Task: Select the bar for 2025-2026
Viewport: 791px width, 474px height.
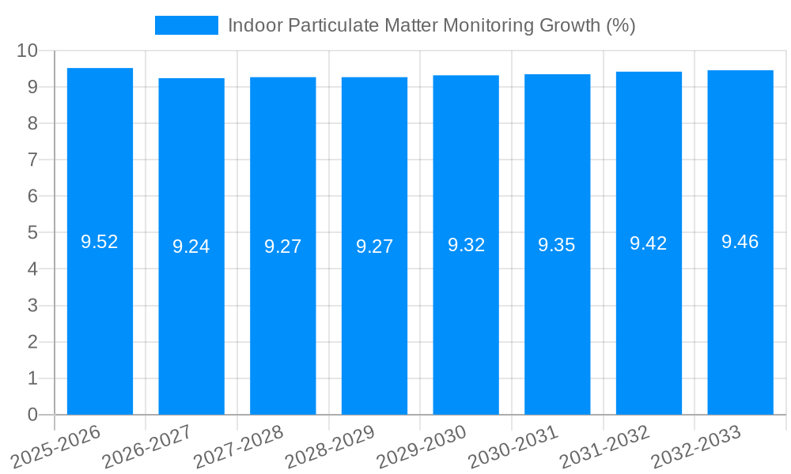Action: tap(100, 316)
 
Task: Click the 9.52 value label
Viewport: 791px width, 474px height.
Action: tap(100, 243)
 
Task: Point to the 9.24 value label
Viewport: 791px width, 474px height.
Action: tap(191, 246)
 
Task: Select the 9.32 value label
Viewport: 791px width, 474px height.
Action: tap(466, 245)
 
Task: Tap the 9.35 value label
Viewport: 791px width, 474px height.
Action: tap(557, 245)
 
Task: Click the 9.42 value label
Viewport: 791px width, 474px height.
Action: tap(649, 243)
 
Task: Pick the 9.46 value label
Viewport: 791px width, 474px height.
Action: tap(740, 243)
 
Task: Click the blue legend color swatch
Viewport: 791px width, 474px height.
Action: tap(187, 25)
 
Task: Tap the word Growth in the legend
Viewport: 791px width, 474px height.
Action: tap(570, 26)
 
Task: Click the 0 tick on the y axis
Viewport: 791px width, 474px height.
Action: tap(32, 415)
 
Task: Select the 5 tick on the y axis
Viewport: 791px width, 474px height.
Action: tap(32, 233)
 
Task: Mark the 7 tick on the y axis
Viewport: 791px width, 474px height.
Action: tap(32, 160)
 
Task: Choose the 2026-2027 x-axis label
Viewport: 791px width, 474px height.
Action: tap(146, 446)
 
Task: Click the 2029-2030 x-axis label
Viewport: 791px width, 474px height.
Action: tap(421, 446)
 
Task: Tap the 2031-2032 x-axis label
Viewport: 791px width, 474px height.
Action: tap(604, 446)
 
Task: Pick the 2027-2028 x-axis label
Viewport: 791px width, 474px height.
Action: tap(237, 446)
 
